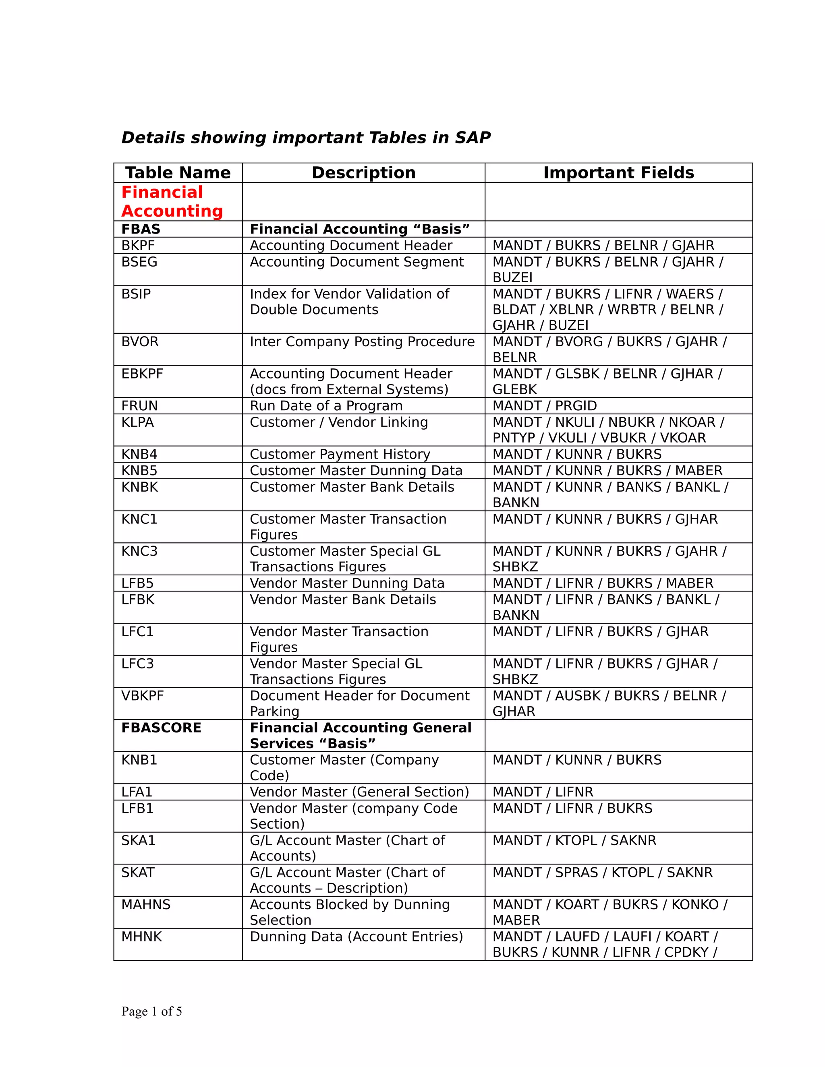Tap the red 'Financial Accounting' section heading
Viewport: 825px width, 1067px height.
click(172, 201)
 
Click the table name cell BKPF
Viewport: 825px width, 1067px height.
click(138, 245)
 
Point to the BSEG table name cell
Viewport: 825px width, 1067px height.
click(139, 262)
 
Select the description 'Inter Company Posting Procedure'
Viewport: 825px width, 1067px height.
click(362, 341)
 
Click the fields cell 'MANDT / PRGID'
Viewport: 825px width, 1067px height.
click(545, 405)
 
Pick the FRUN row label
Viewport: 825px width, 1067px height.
click(139, 405)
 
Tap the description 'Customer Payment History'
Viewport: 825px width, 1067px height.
click(340, 454)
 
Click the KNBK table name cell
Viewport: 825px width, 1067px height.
click(140, 487)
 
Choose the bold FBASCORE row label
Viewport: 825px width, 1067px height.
click(161, 728)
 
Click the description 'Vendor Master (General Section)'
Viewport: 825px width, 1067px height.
click(359, 792)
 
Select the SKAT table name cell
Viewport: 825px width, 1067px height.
click(138, 872)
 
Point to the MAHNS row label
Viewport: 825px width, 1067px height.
click(146, 904)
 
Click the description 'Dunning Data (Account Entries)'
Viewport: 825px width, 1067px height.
click(356, 937)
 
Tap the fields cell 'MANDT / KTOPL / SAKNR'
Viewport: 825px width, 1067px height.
click(574, 840)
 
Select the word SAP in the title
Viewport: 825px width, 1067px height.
click(473, 138)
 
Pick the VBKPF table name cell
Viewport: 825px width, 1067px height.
click(142, 695)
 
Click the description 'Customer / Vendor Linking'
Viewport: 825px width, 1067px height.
click(339, 422)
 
